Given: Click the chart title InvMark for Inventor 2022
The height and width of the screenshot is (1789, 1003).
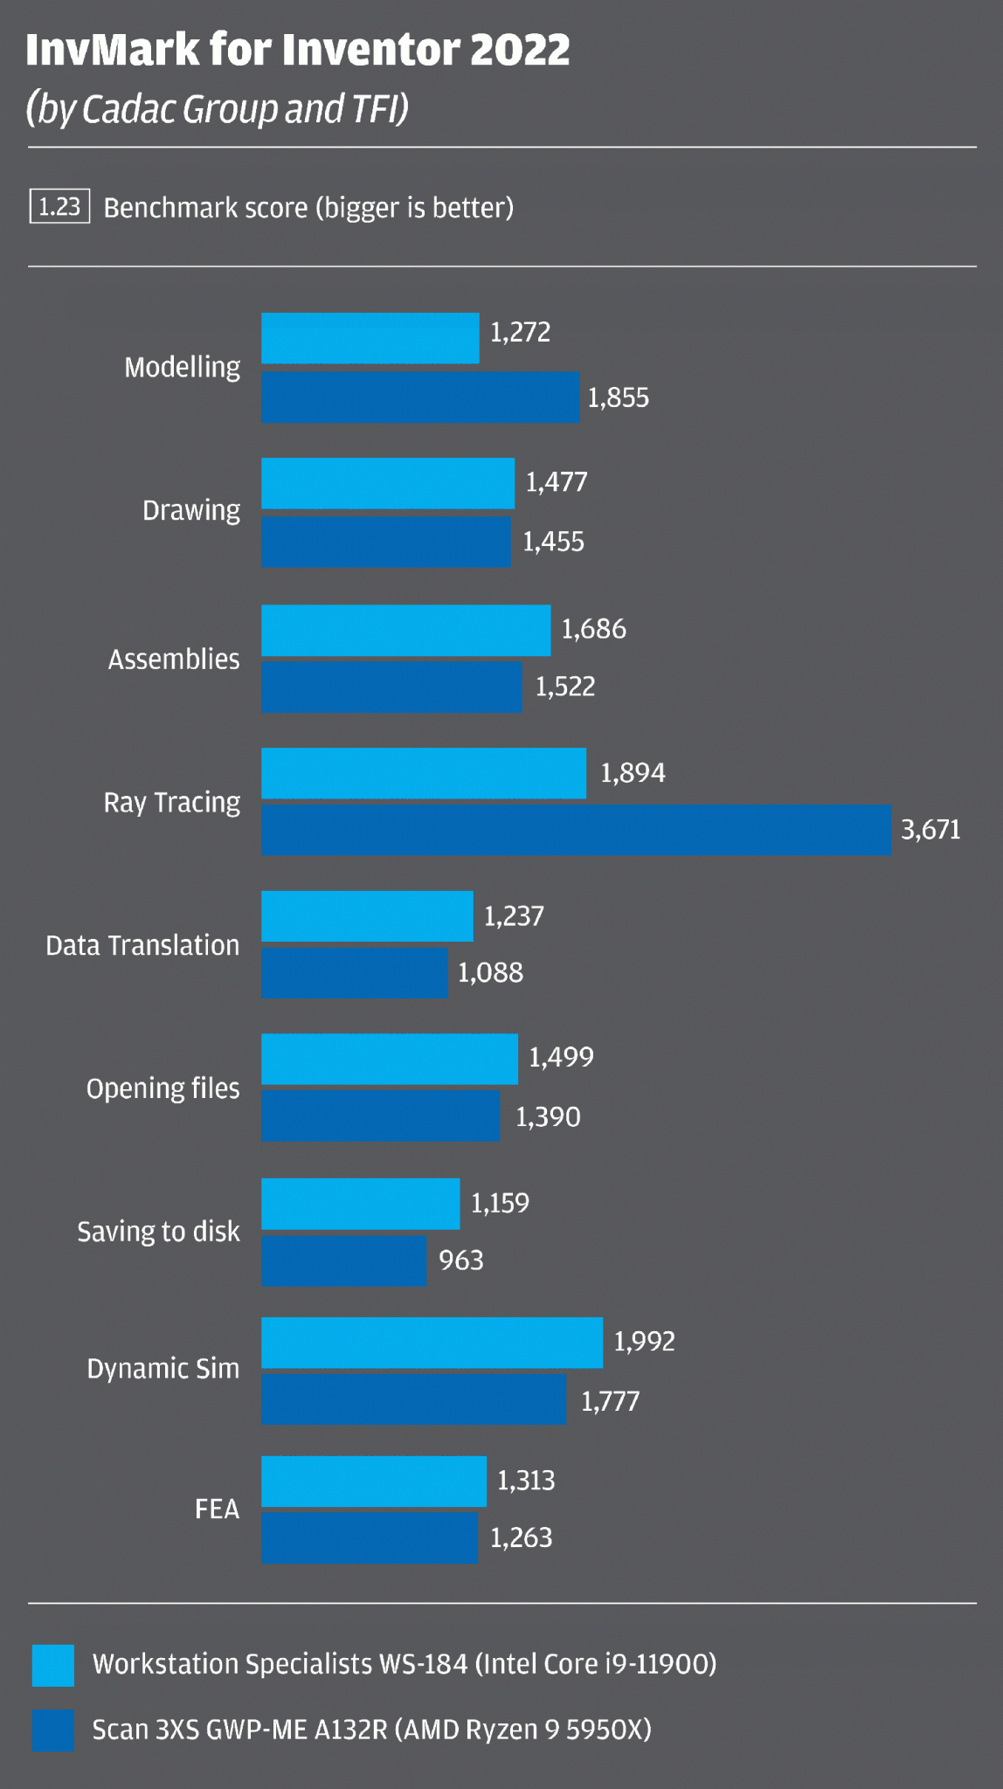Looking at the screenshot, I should [x=297, y=50].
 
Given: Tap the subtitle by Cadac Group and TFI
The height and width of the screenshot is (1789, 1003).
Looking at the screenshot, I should [x=218, y=110].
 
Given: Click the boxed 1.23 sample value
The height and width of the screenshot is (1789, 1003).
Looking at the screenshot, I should [x=59, y=207].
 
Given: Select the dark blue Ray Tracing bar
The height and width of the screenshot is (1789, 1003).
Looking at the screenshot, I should [x=575, y=830].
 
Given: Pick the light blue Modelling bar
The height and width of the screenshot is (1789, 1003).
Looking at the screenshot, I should [x=370, y=338].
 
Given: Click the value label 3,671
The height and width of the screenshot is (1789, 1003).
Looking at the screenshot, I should [x=930, y=830].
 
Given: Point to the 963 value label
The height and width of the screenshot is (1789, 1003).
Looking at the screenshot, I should [x=460, y=1261].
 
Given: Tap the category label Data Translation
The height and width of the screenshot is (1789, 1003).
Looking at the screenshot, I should [x=142, y=945].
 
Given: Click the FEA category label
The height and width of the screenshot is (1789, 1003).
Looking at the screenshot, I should [x=217, y=1509].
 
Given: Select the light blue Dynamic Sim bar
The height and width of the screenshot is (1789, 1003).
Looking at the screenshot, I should [x=432, y=1343].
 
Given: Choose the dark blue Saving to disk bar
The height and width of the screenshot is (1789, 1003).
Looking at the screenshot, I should [x=343, y=1261].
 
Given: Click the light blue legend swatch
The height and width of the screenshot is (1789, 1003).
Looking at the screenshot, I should [x=53, y=1665].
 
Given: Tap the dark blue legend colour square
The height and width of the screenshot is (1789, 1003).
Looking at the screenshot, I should [x=53, y=1730].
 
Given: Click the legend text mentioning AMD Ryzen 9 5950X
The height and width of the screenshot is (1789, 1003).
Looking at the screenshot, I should [x=371, y=1730].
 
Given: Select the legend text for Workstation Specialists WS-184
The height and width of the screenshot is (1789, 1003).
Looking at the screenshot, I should [x=404, y=1664].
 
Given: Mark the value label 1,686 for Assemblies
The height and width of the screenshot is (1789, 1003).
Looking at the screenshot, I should [x=593, y=629].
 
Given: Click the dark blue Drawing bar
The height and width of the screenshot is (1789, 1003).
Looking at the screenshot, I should [x=385, y=542].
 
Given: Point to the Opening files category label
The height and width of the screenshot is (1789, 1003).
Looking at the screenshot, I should [x=163, y=1088].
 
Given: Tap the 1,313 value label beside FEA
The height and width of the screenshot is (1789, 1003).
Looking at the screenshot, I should [x=526, y=1481].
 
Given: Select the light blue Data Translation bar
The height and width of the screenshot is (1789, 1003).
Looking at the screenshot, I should [x=367, y=916].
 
